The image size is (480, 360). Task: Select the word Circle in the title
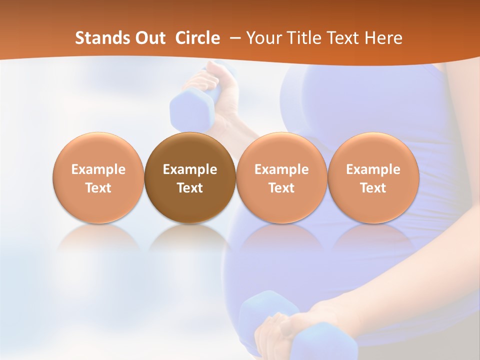[x=197, y=38]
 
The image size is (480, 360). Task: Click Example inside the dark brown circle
[x=190, y=169]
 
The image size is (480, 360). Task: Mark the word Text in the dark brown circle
[x=190, y=188]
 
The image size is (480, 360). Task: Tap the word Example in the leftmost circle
[x=98, y=169]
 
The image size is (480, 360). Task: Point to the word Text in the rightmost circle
[x=373, y=188]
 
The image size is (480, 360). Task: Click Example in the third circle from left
[x=281, y=169]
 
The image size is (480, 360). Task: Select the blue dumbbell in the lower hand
[x=270, y=325]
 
